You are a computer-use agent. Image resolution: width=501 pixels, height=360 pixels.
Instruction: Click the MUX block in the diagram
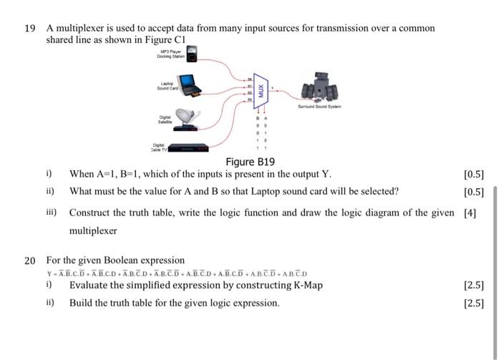click(x=261, y=91)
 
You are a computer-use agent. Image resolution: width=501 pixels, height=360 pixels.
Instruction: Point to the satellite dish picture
click(x=188, y=115)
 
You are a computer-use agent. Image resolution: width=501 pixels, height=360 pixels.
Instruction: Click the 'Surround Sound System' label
click(x=319, y=106)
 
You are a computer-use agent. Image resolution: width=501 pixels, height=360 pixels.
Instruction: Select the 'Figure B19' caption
click(x=250, y=162)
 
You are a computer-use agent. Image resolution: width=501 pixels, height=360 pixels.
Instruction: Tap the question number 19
click(x=29, y=28)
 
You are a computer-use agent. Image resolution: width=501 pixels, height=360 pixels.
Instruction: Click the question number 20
click(x=29, y=260)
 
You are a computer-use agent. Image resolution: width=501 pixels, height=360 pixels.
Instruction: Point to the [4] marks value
click(x=470, y=213)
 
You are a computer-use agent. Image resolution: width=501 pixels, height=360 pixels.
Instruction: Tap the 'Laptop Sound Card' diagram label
click(x=167, y=87)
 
